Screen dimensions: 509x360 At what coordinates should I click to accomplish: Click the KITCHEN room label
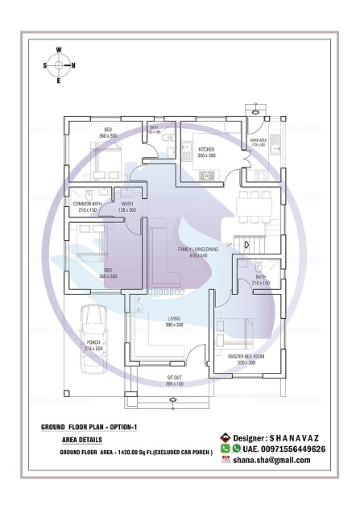click(x=205, y=148)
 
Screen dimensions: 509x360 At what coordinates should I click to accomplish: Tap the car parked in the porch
click(x=93, y=322)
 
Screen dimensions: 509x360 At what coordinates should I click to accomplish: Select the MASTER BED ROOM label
click(x=246, y=356)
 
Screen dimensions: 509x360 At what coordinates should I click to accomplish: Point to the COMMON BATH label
click(x=86, y=204)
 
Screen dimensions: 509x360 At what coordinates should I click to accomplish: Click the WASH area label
click(x=126, y=204)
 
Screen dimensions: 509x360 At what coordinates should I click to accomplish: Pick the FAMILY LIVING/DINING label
click(x=197, y=250)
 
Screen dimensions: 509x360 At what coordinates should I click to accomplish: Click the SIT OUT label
click(x=175, y=377)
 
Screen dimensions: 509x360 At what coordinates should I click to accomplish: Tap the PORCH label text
click(x=93, y=342)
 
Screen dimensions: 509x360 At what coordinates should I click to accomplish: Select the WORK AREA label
click(x=259, y=140)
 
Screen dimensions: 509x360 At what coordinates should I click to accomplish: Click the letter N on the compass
click(x=74, y=65)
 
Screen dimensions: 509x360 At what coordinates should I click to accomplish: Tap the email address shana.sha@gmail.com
click(x=272, y=460)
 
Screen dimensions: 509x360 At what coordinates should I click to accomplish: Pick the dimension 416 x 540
click(x=197, y=256)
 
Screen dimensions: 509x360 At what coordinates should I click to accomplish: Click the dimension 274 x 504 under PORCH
click(x=93, y=348)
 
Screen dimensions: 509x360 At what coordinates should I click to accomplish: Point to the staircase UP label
click(x=229, y=245)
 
